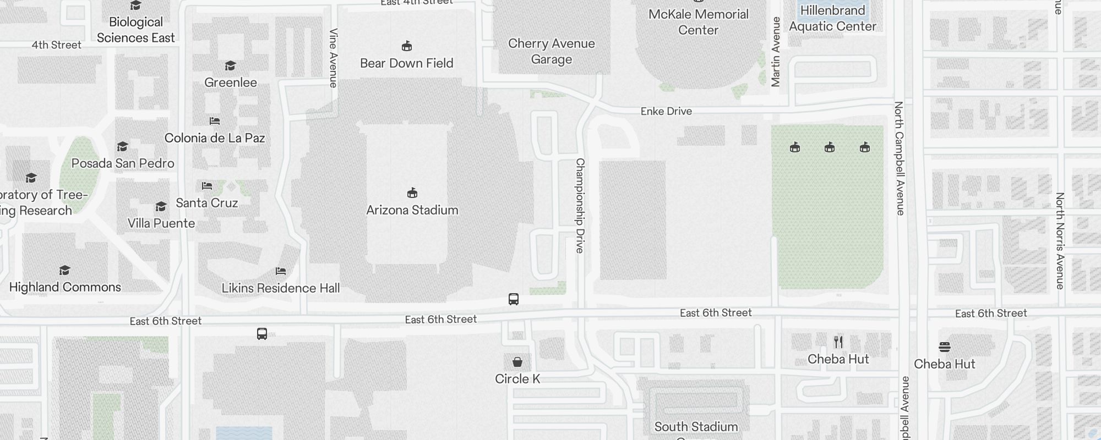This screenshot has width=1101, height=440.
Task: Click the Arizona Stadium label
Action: click(412, 210)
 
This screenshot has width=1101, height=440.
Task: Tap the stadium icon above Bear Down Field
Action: click(407, 46)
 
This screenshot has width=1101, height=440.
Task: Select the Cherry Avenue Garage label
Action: click(551, 51)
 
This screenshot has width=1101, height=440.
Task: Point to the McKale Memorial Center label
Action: click(698, 22)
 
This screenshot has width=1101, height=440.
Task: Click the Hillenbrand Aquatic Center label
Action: click(832, 18)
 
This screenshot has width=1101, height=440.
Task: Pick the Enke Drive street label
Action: click(666, 111)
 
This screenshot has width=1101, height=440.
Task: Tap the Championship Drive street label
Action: click(580, 205)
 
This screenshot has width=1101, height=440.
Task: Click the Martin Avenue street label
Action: click(776, 52)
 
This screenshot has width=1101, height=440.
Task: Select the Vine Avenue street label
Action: click(333, 58)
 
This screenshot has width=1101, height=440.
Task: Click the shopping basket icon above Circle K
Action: click(517, 361)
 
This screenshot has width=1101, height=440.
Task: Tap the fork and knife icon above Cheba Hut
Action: click(838, 342)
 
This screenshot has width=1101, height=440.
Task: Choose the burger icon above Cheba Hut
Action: click(945, 346)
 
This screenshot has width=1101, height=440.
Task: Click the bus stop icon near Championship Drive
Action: click(514, 299)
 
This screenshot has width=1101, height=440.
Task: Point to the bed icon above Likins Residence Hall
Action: click(281, 271)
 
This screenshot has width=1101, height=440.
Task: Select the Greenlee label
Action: click(231, 82)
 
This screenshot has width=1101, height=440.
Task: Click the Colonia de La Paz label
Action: click(215, 138)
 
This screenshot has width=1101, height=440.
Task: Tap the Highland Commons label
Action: click(65, 287)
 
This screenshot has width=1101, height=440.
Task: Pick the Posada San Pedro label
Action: click(123, 163)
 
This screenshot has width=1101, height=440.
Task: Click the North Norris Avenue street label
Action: click(1060, 240)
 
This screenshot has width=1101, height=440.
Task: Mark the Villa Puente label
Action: click(161, 223)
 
